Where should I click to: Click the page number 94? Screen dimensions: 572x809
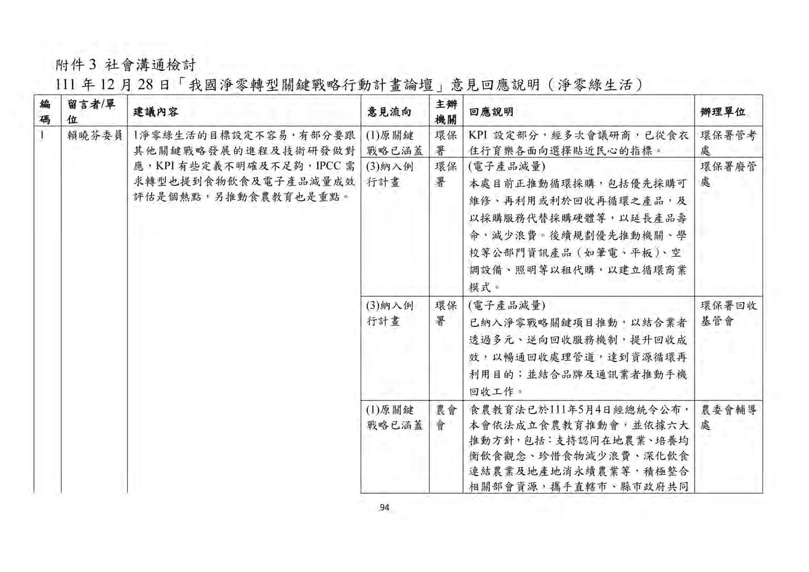[384, 508]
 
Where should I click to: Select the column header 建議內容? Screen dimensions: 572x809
[155, 112]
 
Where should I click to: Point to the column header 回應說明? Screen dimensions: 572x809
[491, 112]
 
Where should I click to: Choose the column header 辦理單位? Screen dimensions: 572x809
[722, 112]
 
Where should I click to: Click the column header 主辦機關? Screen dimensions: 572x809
[446, 112]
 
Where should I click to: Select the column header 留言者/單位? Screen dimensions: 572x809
[91, 112]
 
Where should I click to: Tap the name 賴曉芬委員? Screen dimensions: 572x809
[95, 136]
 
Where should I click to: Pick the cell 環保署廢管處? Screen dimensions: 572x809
[727, 174]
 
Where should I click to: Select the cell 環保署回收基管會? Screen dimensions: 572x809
[727, 313]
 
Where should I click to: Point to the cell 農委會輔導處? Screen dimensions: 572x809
[727, 417]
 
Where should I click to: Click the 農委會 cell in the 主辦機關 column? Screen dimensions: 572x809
[446, 417]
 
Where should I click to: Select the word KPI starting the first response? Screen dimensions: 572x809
[478, 136]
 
